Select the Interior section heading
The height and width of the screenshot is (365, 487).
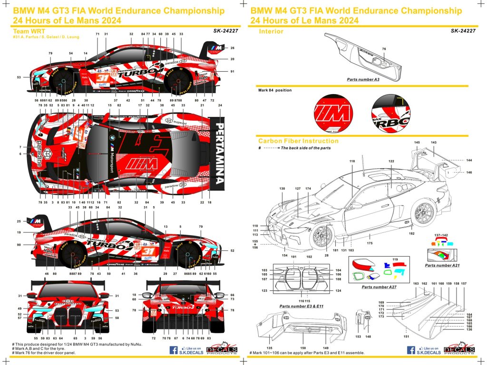tap(271, 31)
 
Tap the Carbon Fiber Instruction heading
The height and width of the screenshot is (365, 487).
tap(298, 141)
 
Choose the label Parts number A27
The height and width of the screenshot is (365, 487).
tap(379, 287)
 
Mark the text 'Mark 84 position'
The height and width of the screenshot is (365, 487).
tap(275, 90)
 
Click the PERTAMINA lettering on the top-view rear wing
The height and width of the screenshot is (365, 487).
tap(219, 154)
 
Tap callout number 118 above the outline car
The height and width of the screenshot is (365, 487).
tap(352, 162)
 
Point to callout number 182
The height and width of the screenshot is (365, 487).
tap(411, 233)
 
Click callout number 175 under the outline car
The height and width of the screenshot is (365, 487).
tap(369, 243)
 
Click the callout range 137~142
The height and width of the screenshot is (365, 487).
tap(441, 235)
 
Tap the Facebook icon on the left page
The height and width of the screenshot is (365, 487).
tap(174, 350)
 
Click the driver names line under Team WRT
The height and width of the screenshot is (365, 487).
tap(46, 37)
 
